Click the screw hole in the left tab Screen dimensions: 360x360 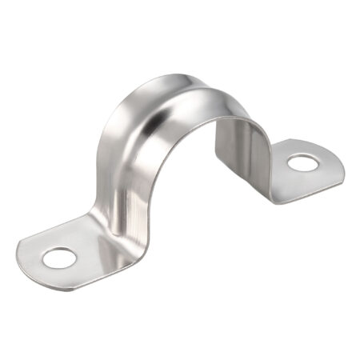[58, 258]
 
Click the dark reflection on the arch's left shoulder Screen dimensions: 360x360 [128, 120]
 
